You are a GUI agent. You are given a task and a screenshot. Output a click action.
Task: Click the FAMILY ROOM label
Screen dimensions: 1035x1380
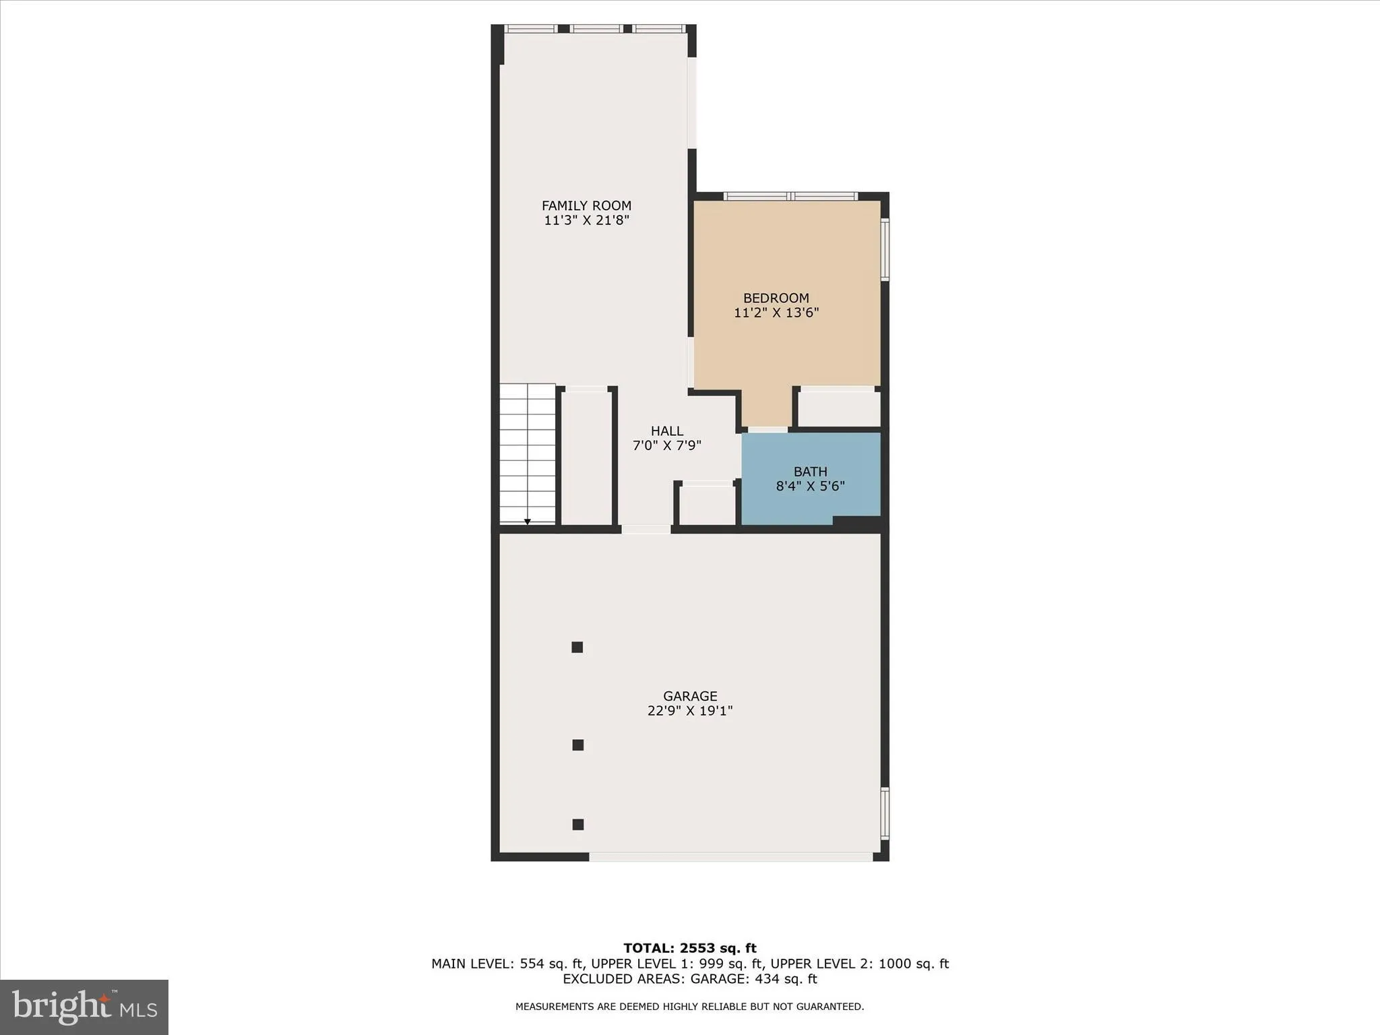pos(586,206)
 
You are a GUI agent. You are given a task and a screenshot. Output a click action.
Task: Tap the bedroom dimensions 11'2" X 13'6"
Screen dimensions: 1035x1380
pos(776,313)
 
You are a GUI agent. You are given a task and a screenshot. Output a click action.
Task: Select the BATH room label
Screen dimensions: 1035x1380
pos(810,472)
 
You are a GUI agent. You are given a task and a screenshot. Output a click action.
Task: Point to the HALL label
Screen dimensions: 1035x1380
pos(667,431)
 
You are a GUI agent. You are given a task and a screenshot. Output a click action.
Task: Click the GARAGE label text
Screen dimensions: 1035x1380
pos(690,696)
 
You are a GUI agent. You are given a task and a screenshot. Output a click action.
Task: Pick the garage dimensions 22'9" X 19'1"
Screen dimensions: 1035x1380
pos(690,711)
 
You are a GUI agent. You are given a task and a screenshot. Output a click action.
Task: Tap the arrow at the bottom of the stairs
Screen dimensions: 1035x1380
pos(527,522)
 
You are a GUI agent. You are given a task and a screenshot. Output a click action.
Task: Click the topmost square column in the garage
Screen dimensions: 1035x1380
pos(577,648)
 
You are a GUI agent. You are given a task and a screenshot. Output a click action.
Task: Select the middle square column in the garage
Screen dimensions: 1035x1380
pos(577,745)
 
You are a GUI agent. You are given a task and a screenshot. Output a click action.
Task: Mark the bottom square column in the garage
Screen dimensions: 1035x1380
pos(577,824)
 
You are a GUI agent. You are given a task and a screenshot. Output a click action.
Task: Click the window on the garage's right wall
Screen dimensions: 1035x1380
pos(885,813)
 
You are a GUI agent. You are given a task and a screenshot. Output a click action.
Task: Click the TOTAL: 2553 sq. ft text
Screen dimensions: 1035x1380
pos(690,949)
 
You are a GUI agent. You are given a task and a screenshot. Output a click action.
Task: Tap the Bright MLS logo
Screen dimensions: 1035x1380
pos(84,1007)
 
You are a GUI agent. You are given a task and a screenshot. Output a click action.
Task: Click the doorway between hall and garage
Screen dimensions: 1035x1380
pos(646,530)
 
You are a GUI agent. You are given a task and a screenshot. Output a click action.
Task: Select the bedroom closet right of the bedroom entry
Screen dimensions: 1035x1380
pos(839,408)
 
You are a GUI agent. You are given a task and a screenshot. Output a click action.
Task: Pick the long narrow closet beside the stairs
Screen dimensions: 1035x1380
pos(586,457)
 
